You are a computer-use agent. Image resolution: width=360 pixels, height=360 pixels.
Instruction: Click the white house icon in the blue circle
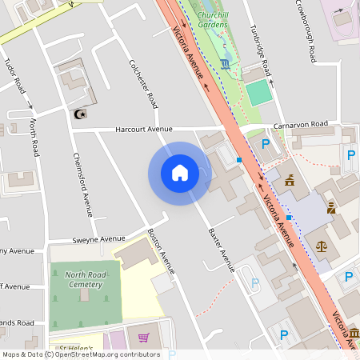(x=180, y=173)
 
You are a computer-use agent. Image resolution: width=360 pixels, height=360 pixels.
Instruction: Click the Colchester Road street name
(x=143, y=84)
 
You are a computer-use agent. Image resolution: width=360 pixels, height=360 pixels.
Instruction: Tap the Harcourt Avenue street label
(x=144, y=129)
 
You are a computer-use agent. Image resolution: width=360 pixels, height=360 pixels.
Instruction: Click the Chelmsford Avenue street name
(x=83, y=184)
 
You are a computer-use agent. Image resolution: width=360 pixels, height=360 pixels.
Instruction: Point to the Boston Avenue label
(x=162, y=251)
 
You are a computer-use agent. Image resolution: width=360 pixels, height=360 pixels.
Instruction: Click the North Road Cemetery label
(x=84, y=279)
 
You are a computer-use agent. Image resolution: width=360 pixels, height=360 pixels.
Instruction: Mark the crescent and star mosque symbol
(x=79, y=115)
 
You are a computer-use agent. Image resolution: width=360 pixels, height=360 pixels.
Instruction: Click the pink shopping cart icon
(x=143, y=338)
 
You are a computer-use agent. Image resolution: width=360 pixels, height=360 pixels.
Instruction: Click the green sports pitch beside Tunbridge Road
(x=259, y=93)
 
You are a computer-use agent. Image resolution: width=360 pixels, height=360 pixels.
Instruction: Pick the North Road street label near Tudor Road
(x=34, y=138)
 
